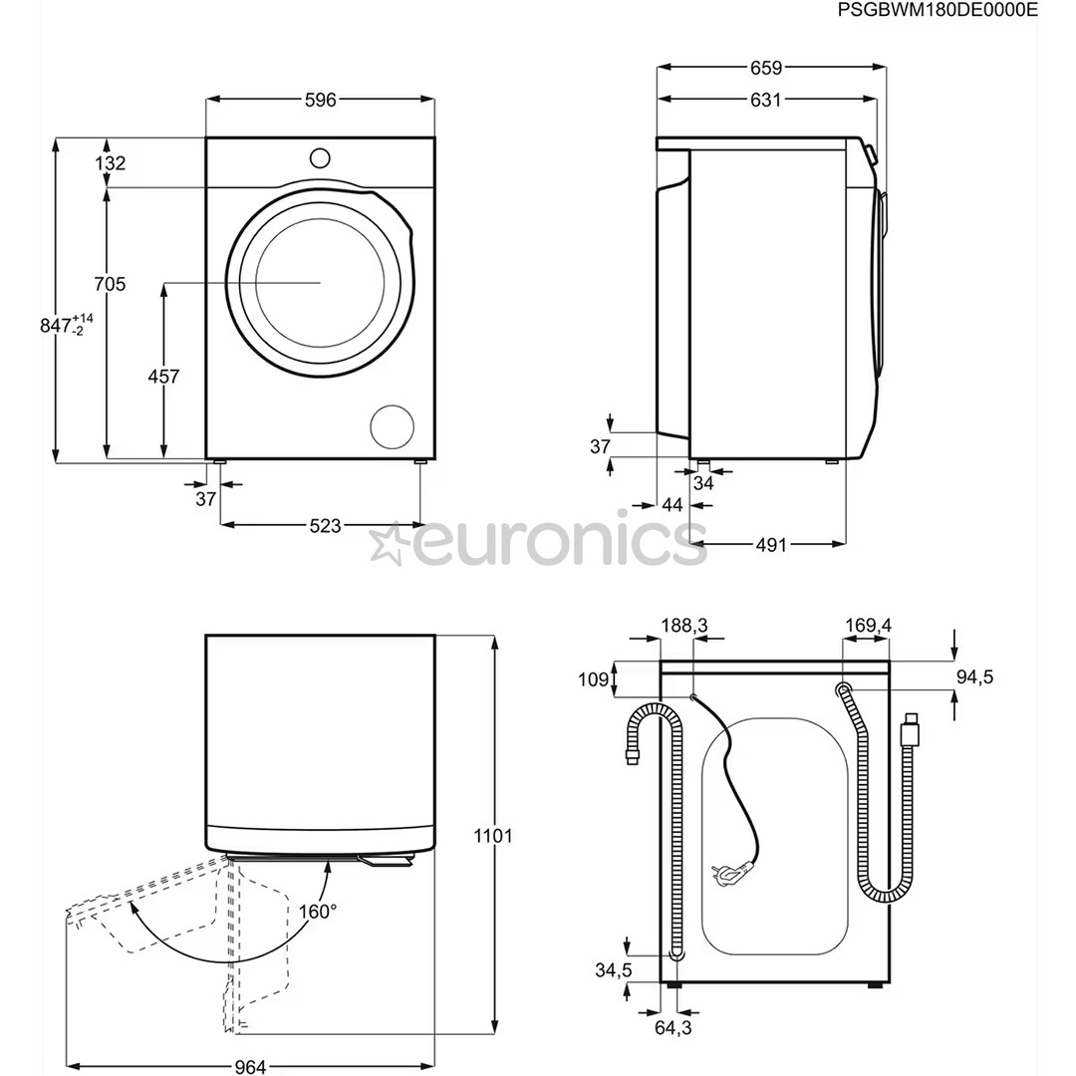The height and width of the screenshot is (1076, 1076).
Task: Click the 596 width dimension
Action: coord(320,100)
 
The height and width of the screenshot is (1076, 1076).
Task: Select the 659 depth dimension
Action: coord(766,68)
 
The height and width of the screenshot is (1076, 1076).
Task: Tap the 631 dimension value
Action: coord(766,100)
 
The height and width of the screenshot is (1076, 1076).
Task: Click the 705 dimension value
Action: coord(110,285)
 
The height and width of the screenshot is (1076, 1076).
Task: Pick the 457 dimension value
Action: coord(163,377)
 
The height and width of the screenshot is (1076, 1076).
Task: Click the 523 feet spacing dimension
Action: coord(325,526)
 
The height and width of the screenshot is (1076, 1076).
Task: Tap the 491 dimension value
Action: coord(770,545)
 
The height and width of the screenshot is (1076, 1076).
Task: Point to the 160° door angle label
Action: coord(318,911)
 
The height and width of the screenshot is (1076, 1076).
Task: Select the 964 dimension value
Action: coord(250,1067)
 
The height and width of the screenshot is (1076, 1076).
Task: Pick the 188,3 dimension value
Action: coord(684,626)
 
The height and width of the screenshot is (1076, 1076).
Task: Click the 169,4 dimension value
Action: coord(868,626)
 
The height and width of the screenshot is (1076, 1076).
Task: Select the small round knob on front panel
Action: coord(320,157)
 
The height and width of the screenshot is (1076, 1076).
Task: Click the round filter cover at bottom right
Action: coord(392,426)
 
